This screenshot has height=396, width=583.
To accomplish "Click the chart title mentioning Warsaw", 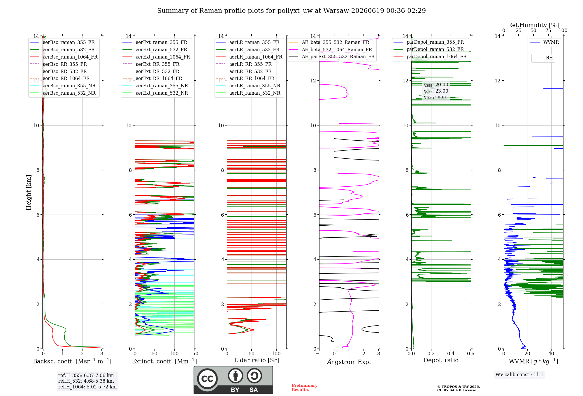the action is pyautogui.click(x=291, y=11).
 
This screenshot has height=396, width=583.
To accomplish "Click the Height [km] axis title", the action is pyautogui.click(x=29, y=192).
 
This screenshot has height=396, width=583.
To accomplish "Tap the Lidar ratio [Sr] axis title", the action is pyautogui.click(x=257, y=360).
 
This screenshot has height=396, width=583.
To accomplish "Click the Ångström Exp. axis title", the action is pyautogui.click(x=349, y=362).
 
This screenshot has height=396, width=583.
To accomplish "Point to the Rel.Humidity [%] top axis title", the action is pyautogui.click(x=533, y=25).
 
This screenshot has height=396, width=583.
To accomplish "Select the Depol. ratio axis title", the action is pyautogui.click(x=441, y=360).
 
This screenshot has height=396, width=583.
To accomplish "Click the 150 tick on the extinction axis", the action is pyautogui.click(x=194, y=353).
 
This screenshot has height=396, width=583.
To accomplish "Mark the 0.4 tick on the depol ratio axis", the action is pyautogui.click(x=451, y=353).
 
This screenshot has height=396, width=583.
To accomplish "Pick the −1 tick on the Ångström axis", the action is pyautogui.click(x=319, y=353).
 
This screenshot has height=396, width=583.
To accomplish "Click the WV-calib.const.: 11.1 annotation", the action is pyautogui.click(x=519, y=374).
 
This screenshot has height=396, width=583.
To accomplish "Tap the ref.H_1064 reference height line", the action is pyautogui.click(x=87, y=387).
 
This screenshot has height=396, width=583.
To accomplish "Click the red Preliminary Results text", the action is pyautogui.click(x=305, y=388).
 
